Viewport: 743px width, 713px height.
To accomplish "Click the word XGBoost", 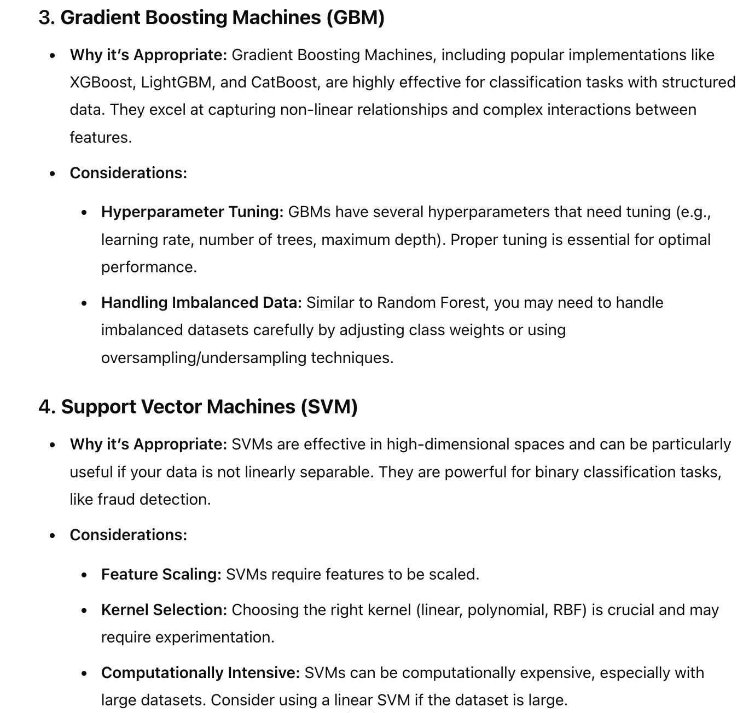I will (101, 83).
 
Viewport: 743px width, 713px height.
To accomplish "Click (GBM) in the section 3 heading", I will (356, 17).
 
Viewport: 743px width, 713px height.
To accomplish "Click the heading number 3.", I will (45, 17).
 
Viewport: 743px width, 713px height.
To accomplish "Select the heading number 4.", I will (45, 407).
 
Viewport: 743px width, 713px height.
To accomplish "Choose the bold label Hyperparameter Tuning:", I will (192, 212).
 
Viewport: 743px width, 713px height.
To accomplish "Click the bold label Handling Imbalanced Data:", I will (201, 303).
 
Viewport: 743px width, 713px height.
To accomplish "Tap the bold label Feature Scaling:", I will (161, 575).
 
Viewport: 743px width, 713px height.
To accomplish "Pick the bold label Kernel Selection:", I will (164, 610).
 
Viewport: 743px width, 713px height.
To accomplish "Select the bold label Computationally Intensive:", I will (200, 673).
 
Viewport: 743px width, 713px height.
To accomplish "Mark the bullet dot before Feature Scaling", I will (84, 575).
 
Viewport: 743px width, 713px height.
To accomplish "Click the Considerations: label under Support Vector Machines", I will (128, 535).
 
